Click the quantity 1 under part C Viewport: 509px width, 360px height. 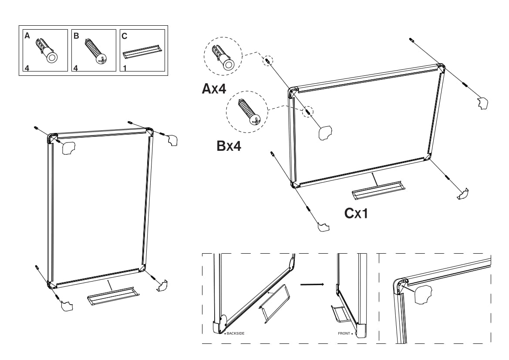[x=125, y=68]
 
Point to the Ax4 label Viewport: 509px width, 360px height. [x=214, y=89]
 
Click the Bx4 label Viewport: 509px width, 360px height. [x=229, y=146]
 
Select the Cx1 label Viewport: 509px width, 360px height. [x=356, y=213]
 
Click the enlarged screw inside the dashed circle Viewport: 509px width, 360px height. [x=247, y=112]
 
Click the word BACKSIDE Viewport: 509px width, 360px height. [x=235, y=333]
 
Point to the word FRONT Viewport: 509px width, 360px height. [x=344, y=333]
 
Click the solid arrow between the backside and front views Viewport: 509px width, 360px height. [x=312, y=285]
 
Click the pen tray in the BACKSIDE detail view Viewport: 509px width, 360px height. [x=273, y=303]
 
